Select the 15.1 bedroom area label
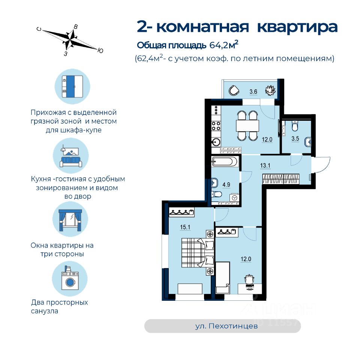pos(175,226)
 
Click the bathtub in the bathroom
pos(224,162)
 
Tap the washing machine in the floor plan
pos(234,197)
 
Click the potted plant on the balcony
pos(270,90)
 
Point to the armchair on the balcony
pos(234,90)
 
